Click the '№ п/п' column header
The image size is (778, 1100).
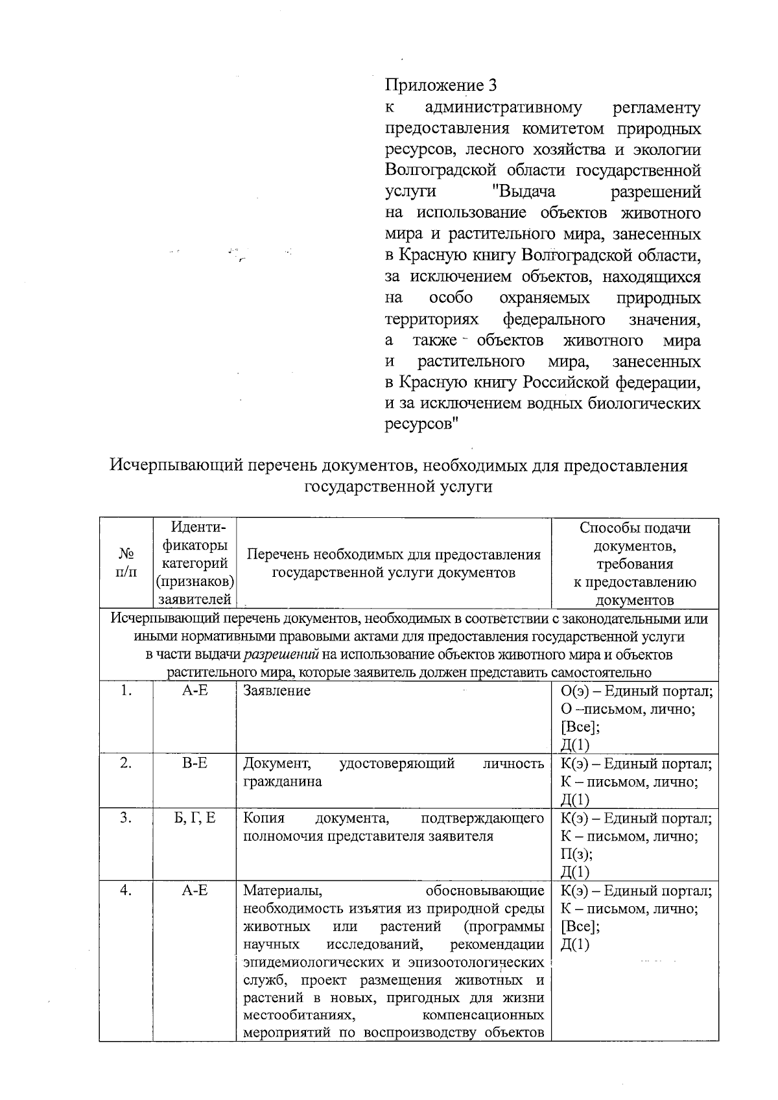coord(126,562)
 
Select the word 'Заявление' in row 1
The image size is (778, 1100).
coord(276,691)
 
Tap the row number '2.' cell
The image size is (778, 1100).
coord(126,763)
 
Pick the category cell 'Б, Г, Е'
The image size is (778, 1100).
coord(194,818)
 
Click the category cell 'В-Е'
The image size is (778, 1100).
coord(194,763)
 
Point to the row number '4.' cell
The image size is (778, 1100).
coord(126,891)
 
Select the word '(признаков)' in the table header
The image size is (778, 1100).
coord(195,581)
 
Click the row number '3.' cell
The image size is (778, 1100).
coord(126,818)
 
